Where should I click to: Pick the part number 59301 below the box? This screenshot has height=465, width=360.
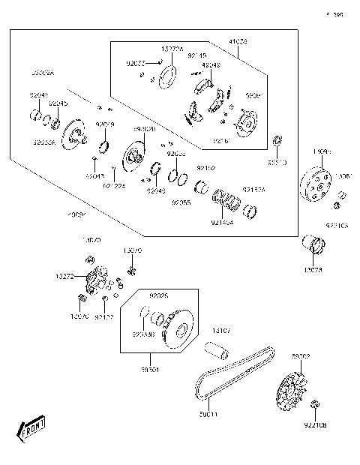pyautogui.click(x=150, y=370)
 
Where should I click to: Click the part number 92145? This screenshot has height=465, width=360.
pyautogui.click(x=196, y=55)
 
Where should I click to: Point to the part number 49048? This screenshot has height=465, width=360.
pyautogui.click(x=211, y=65)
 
